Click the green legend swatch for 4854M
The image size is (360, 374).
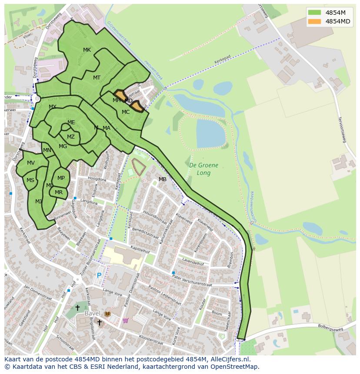click(314, 12)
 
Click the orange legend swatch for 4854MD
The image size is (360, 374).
click(314, 21)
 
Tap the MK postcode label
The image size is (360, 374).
click(87, 50)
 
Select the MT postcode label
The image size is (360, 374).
click(97, 78)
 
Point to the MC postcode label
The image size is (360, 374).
click(126, 112)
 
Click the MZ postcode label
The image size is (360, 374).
click(71, 137)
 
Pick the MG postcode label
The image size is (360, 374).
click(63, 146)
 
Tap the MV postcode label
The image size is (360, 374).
click(31, 163)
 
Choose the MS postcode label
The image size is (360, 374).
click(30, 180)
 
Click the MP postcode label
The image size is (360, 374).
click(61, 178)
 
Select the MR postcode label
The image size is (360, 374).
click(59, 192)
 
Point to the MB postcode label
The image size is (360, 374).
click(162, 179)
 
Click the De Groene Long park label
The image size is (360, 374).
click(203, 169)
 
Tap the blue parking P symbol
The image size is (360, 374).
click(99, 275)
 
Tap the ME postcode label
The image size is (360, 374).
click(71, 122)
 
